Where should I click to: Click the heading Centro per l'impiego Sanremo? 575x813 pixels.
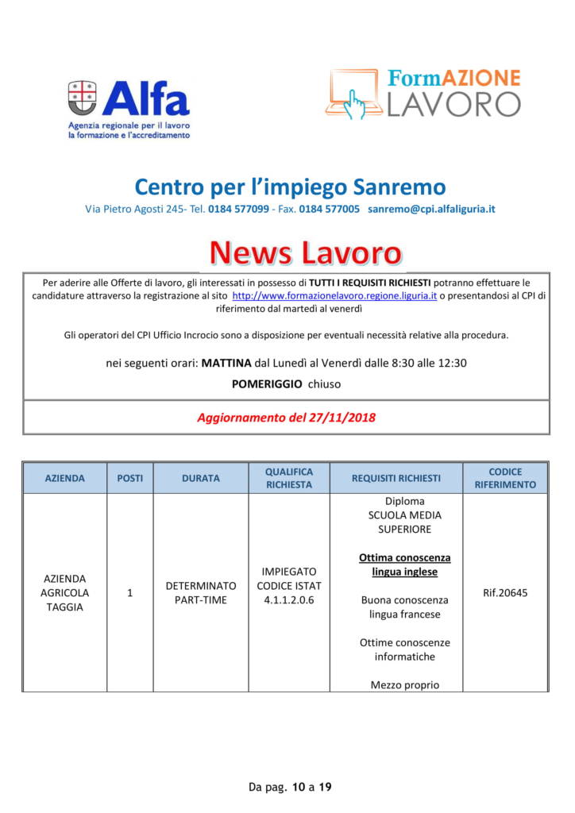[290, 187]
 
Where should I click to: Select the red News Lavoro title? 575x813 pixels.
[305, 252]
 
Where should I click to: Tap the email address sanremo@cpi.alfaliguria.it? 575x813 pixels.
[431, 209]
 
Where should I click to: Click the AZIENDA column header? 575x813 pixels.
[65, 478]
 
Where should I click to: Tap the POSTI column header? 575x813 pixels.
[129, 478]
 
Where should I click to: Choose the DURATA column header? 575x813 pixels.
[201, 478]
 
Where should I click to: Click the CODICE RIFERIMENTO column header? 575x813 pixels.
[505, 478]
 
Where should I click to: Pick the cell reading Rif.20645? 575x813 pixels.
[505, 592]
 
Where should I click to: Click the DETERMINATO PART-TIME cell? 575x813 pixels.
[201, 592]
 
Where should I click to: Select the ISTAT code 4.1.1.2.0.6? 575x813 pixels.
[289, 599]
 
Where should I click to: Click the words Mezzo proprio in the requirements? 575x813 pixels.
[404, 684]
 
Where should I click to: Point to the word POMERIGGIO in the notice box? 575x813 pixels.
[267, 383]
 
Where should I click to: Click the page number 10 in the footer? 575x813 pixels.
[298, 787]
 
